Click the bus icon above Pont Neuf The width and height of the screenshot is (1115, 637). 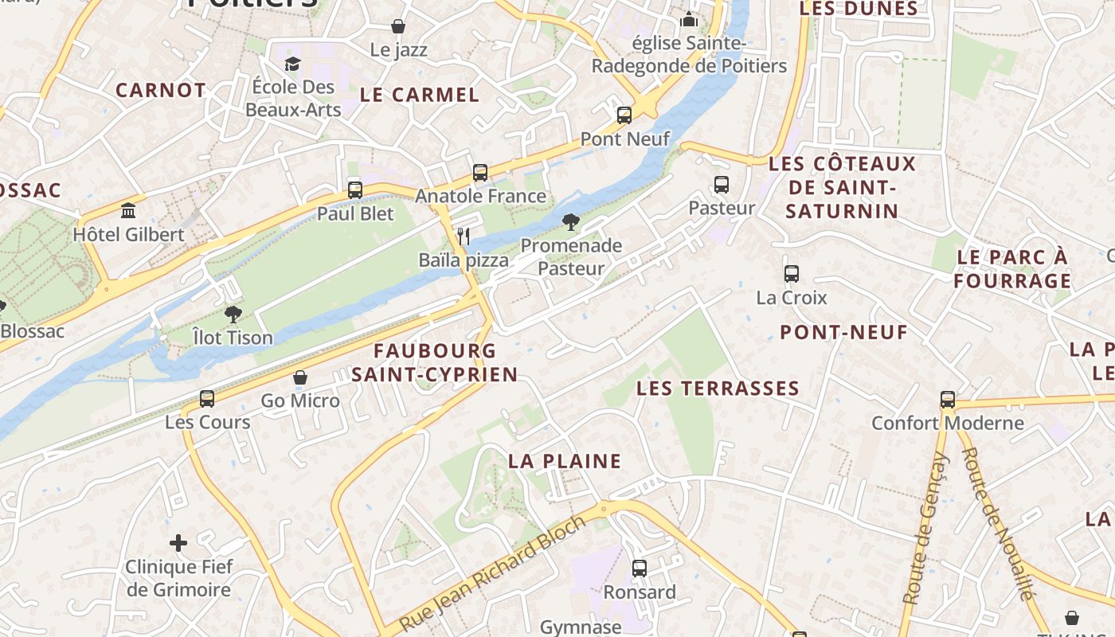[x=624, y=115]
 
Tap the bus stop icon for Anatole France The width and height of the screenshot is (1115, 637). [x=479, y=173]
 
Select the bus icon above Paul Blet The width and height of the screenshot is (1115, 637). [x=355, y=190]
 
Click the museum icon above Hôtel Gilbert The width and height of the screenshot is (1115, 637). [x=128, y=211]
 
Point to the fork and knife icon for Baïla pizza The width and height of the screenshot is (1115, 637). [x=464, y=236]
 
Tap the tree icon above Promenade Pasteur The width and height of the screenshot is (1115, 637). [x=570, y=222]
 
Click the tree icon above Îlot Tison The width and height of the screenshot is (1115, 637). [x=233, y=315]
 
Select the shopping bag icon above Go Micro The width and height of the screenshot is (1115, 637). [x=300, y=377]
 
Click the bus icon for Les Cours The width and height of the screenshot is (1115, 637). [x=207, y=399]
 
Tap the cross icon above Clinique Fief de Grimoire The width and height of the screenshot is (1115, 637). [x=178, y=544]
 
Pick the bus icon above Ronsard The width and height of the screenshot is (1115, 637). [x=640, y=569]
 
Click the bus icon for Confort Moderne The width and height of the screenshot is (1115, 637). [x=947, y=400]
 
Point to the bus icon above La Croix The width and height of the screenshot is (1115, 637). [x=791, y=274]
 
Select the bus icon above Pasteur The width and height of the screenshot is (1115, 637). [x=722, y=185]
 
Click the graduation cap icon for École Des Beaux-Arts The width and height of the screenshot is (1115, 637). [x=293, y=64]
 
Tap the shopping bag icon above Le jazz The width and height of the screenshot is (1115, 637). [x=398, y=27]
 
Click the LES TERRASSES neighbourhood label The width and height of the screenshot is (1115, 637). [x=706, y=389]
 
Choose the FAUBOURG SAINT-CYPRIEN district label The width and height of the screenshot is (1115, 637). [x=435, y=362]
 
